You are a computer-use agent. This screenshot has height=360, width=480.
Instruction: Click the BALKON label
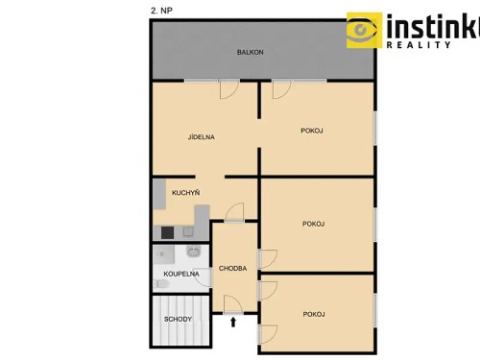click(x=251, y=52)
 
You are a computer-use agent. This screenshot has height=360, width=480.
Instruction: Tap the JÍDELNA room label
click(x=201, y=137)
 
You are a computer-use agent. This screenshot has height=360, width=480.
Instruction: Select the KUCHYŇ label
click(x=185, y=193)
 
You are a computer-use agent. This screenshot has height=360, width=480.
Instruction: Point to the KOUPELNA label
click(x=180, y=274)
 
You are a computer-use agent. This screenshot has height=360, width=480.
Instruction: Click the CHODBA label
click(x=233, y=268)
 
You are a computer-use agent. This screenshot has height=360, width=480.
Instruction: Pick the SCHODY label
click(x=178, y=319)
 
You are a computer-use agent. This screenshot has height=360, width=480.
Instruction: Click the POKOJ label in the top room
click(x=312, y=132)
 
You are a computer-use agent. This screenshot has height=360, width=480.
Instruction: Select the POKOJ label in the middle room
click(x=312, y=224)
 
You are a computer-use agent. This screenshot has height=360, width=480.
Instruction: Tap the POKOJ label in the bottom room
click(x=312, y=314)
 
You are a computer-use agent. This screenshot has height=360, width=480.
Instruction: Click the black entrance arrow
click(x=234, y=322)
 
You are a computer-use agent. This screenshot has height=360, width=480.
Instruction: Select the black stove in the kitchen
click(x=167, y=231)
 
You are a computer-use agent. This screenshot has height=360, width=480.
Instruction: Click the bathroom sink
click(x=193, y=253)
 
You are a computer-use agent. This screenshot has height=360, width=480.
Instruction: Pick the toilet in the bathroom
click(x=158, y=284)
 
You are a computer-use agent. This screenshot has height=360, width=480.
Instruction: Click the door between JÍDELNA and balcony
click(x=228, y=89)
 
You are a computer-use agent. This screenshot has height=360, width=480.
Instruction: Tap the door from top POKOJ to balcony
click(x=280, y=89)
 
